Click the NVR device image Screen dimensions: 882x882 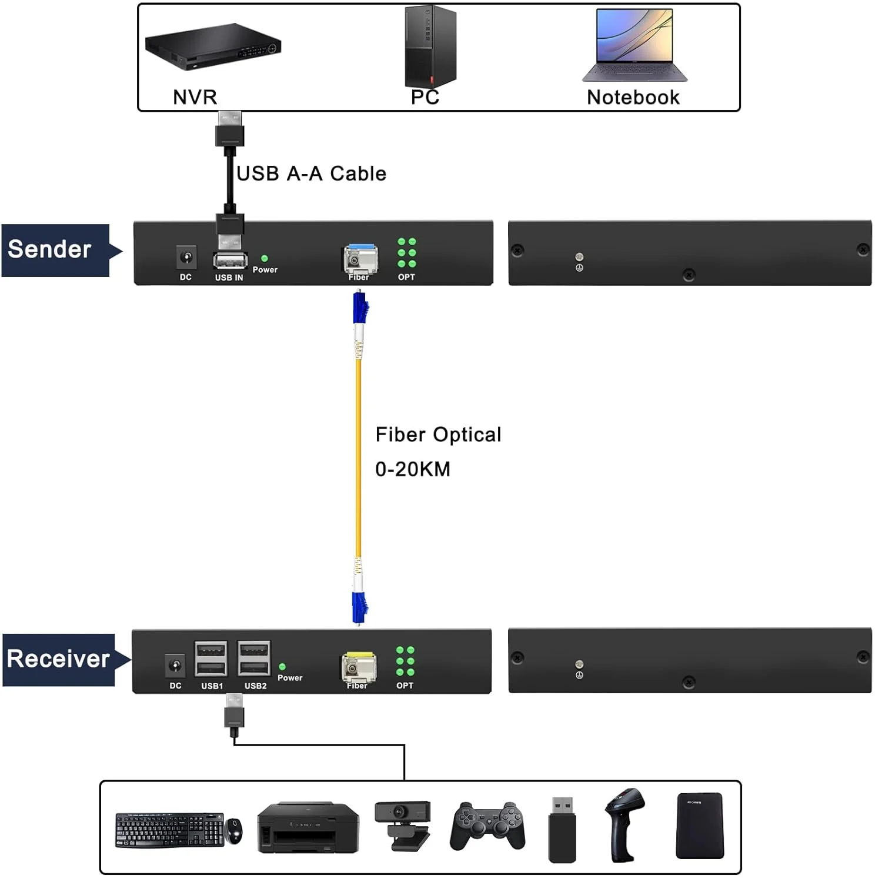point(213,46)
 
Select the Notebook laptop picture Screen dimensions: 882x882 point(634,45)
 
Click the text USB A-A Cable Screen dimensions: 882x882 point(311,173)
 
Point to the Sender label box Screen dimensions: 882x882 point(55,250)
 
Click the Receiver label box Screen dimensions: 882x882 point(58,659)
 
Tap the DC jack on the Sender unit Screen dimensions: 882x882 point(186,258)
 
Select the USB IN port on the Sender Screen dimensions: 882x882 point(230,260)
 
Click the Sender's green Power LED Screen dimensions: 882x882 point(265,258)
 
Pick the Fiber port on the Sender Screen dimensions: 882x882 point(360,259)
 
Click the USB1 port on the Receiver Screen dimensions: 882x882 point(211,659)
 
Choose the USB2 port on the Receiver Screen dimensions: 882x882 point(254,659)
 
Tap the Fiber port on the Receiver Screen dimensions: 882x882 point(358,667)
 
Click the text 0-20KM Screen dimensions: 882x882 point(413,469)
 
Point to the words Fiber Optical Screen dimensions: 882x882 point(438,435)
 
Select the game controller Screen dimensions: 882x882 point(487,826)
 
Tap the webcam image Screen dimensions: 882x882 point(403,824)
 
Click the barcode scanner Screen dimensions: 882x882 point(625,824)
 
